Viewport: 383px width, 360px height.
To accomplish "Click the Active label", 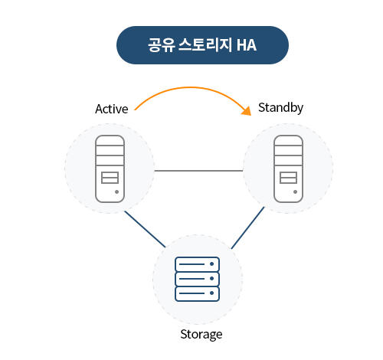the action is point(112,109).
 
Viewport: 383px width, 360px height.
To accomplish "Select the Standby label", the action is point(280,108).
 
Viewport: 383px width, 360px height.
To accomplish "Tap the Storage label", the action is point(201,335).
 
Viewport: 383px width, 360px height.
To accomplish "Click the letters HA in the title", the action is point(247,45).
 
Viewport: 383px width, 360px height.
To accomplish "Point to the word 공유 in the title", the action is point(162,45).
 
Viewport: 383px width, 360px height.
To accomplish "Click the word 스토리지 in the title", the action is point(205,45).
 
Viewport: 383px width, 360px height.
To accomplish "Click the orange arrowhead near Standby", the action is point(247,111).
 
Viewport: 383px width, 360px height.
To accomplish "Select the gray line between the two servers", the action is point(198,171).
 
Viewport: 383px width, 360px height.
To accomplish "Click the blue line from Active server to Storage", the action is point(145,229).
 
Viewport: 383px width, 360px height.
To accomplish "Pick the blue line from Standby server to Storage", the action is point(247,227).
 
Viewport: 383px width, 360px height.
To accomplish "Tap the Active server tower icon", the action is point(110,169).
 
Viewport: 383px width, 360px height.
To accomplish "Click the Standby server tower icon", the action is point(288,169).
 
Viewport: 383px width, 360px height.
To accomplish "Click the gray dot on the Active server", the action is point(116,191).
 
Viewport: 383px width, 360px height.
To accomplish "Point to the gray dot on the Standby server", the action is point(295,191).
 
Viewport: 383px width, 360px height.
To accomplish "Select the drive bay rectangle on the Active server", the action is point(110,178).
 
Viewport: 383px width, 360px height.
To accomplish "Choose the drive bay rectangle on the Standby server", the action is point(289,178).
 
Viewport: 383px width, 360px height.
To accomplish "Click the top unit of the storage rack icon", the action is point(197,264).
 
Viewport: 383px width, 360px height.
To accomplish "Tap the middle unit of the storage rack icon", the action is point(197,279).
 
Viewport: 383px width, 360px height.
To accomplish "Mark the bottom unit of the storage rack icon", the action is point(197,293).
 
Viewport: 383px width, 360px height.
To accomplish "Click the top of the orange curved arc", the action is point(190,87).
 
